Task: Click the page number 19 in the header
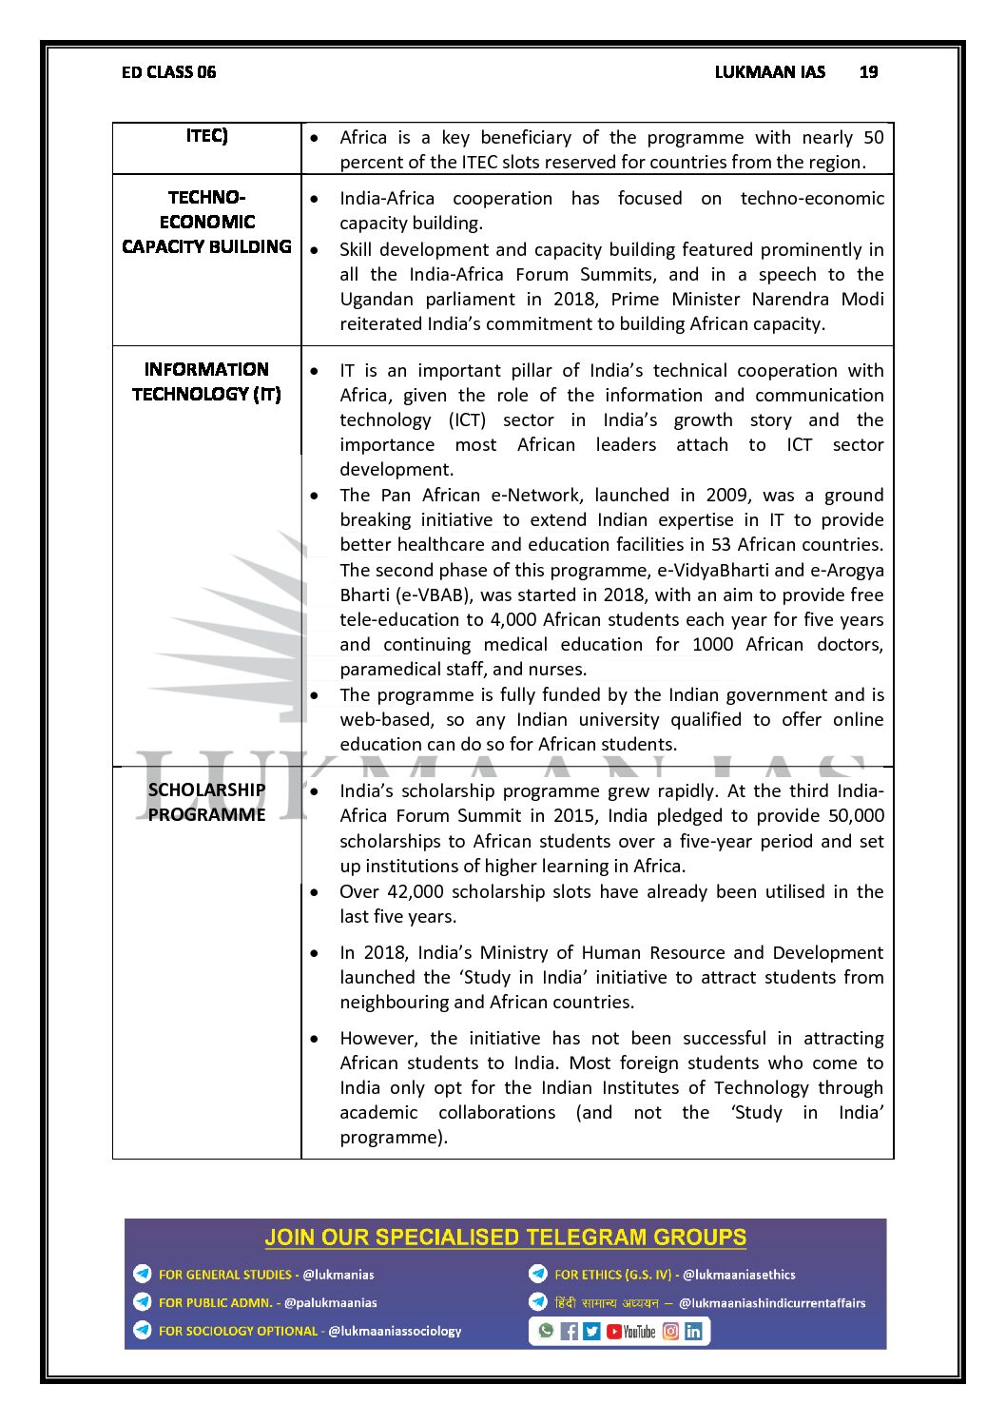[868, 72]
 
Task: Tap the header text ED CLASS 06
[168, 72]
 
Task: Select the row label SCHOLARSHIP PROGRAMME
[206, 802]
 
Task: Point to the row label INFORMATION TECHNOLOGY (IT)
[206, 381]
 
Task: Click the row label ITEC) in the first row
[206, 136]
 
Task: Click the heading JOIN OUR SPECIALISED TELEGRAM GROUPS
[505, 1238]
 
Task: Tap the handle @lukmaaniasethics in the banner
[739, 1275]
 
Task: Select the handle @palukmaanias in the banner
[330, 1303]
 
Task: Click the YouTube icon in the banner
[631, 1332]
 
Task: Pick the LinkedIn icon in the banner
[693, 1332]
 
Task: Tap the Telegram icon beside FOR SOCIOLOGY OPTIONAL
[143, 1331]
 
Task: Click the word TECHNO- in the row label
[206, 198]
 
